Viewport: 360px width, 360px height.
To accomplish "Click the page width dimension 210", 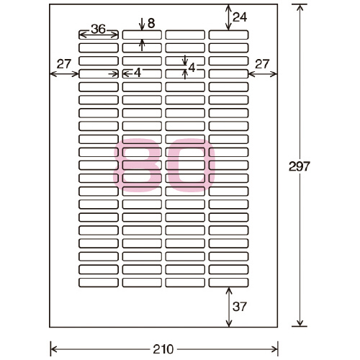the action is (163, 349).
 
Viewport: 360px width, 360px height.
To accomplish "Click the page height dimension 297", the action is (300, 166).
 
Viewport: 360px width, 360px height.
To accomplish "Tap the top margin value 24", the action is (240, 17).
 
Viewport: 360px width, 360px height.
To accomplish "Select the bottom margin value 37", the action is (240, 307).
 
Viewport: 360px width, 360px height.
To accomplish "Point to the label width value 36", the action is (98, 29).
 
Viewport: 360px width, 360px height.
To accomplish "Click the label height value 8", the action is (151, 23).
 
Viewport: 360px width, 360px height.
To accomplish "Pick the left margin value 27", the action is (64, 64).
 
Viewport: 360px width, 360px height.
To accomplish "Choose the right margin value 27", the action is (262, 64).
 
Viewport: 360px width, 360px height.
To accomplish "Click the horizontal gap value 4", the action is (138, 73).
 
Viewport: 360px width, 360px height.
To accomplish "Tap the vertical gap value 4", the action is (192, 68).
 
